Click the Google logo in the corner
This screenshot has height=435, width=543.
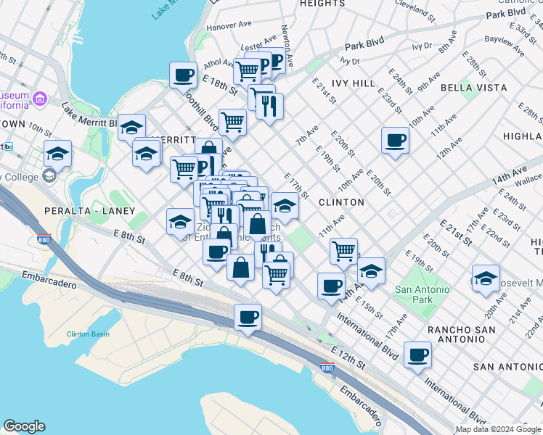[24, 426]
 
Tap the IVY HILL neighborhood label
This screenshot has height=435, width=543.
[354, 83]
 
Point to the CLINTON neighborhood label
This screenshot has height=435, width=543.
[340, 202]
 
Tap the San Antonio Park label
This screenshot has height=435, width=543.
[422, 294]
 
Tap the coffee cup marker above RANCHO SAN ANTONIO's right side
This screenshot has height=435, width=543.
[417, 355]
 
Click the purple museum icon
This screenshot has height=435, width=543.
[40, 98]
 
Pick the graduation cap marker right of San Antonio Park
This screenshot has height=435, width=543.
[486, 278]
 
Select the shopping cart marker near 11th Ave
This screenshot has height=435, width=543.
[343, 252]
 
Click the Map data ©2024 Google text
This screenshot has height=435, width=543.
[498, 429]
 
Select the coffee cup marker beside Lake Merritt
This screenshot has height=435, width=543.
[183, 75]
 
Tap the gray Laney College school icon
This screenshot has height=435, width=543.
[49, 175]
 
